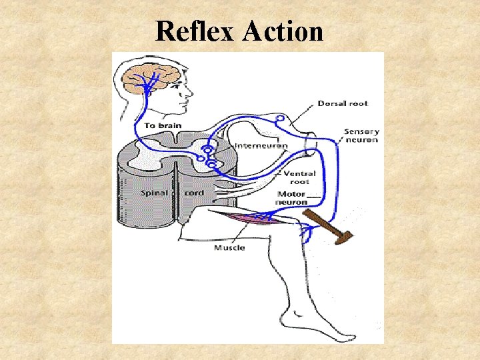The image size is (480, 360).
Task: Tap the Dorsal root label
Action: coord(342,103)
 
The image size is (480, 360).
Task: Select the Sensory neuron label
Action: coord(361,135)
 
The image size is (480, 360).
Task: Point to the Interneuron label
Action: coord(261,145)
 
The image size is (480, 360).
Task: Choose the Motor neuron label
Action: coord(292,198)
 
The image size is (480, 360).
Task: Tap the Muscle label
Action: coord(229,248)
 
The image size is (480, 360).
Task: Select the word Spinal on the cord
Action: coord(154,193)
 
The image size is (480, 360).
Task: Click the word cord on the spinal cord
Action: coord(194,193)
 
